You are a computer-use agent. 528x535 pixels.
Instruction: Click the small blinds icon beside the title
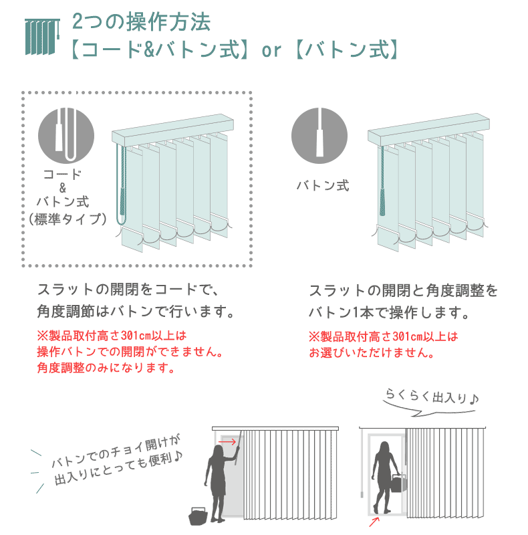point(42,37)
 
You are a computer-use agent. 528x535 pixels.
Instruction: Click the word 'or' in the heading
point(271,51)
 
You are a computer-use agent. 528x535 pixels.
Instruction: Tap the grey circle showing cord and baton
point(66,136)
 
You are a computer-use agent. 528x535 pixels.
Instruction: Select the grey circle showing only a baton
point(319,136)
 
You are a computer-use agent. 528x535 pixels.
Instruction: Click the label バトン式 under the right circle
point(323,186)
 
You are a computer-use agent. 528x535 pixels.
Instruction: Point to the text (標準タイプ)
point(68,219)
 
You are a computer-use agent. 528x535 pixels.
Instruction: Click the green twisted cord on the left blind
point(122,185)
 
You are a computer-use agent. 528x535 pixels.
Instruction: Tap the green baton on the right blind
point(382,181)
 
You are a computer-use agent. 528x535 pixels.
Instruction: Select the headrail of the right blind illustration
point(428,130)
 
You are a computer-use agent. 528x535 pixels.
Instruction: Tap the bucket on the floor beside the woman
point(199,516)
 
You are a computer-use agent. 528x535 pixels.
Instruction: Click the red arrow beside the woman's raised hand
point(227,442)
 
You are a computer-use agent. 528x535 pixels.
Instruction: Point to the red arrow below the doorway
point(374,522)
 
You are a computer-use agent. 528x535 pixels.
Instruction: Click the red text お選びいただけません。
point(372,352)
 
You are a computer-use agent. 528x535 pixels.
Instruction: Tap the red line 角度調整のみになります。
point(106,367)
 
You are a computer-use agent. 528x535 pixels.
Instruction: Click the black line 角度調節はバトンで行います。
point(136,311)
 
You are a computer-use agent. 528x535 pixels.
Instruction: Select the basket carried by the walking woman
point(398,483)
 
